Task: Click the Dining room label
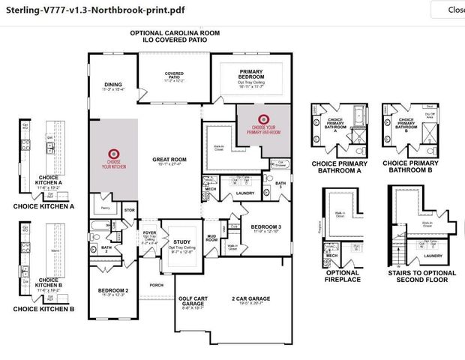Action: [x=112, y=85]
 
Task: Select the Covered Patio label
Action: [x=174, y=75]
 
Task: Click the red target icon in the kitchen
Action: [x=114, y=151]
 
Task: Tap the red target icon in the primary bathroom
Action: [x=263, y=118]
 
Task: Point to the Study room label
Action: [x=181, y=242]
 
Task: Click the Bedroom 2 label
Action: [x=113, y=289]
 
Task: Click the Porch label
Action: [x=156, y=285]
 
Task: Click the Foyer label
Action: [x=150, y=233]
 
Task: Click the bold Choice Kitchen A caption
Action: [x=44, y=206]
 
